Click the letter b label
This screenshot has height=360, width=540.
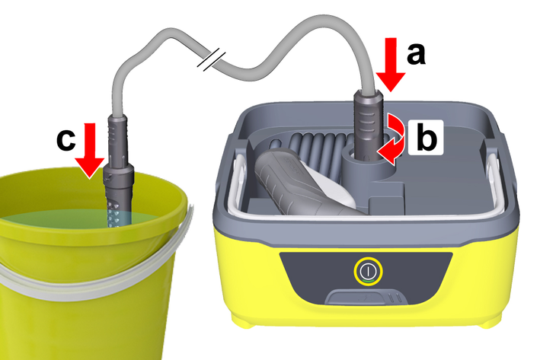coord(427,137)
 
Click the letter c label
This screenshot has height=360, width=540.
coord(66,140)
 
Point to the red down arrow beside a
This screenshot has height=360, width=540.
coord(391,65)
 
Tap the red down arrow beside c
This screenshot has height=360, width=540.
coord(90,151)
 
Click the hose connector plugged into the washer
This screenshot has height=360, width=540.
coord(368,124)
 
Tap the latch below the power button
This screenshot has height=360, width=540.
coord(366,298)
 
